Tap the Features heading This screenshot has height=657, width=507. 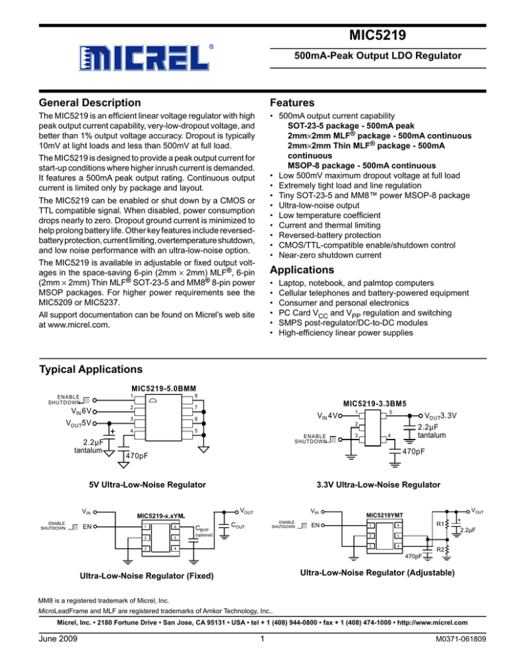pyautogui.click(x=290, y=102)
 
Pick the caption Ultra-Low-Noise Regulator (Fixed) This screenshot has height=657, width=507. pyautogui.click(x=145, y=575)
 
